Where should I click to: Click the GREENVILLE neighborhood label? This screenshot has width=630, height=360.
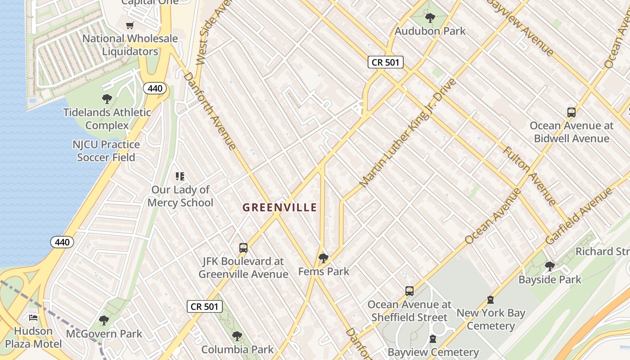(x=279, y=207)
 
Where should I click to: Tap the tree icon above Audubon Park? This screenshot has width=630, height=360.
(x=430, y=18)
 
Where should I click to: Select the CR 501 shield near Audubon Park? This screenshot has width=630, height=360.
(x=385, y=62)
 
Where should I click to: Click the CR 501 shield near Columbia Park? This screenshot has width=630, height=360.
(x=205, y=307)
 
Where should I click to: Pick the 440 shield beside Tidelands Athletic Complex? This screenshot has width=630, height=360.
(x=155, y=88)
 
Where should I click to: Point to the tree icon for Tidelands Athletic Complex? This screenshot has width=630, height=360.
(x=107, y=99)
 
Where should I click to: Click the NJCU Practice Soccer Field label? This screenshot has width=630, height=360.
(x=106, y=151)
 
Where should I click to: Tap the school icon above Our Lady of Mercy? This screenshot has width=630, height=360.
(x=180, y=176)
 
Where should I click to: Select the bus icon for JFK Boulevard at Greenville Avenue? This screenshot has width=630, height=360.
(x=243, y=247)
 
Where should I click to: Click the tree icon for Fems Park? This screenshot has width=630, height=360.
(x=323, y=258)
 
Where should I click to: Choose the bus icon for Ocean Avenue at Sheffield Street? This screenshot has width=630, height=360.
(x=409, y=291)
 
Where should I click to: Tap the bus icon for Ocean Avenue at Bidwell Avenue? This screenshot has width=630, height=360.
(x=571, y=112)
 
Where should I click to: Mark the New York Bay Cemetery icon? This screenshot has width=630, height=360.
(x=490, y=299)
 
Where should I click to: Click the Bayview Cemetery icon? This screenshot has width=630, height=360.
(x=433, y=338)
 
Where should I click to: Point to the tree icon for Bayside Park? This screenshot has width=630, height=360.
(x=549, y=266)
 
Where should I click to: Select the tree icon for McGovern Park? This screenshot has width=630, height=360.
(x=104, y=320)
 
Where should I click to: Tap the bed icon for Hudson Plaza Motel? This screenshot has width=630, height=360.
(x=33, y=317)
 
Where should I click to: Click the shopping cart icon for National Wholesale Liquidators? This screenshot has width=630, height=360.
(x=130, y=25)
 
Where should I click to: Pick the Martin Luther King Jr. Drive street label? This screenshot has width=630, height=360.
(x=408, y=133)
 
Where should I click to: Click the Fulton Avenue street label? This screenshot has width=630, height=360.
(x=530, y=176)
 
